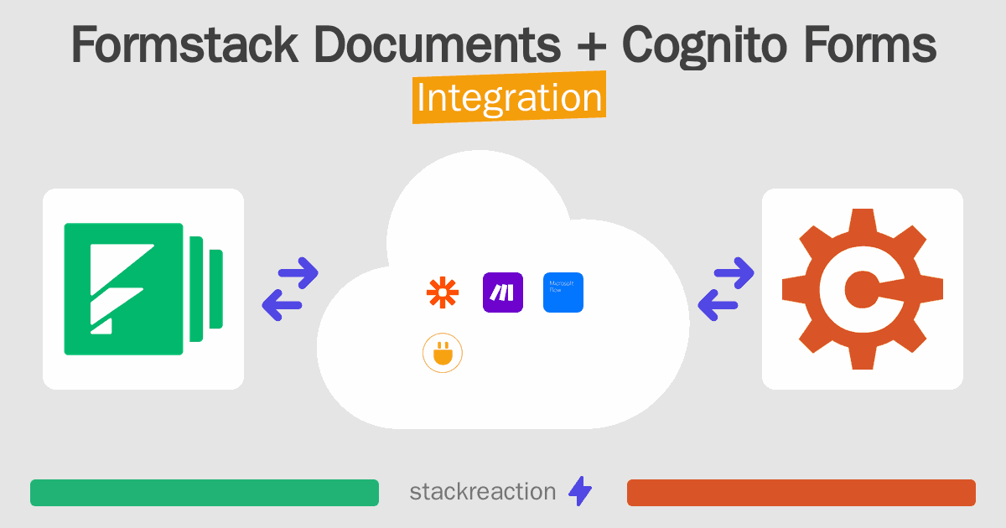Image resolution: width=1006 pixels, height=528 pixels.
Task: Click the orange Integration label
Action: tap(509, 100)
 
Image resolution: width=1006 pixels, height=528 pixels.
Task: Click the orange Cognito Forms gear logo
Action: tap(863, 289)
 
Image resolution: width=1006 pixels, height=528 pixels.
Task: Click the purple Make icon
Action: tap(503, 292)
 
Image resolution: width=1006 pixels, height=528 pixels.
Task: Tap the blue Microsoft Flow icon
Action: tap(563, 292)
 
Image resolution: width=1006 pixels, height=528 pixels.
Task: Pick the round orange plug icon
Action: tap(443, 354)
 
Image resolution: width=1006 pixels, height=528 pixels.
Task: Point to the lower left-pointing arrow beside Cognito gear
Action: tap(718, 304)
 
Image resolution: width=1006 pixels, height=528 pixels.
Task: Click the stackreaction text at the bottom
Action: tap(482, 492)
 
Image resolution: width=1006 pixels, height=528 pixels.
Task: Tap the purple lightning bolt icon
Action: tap(580, 492)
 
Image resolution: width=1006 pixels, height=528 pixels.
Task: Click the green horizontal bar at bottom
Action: tap(205, 493)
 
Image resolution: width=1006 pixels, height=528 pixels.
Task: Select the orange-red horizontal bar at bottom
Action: tap(801, 493)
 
